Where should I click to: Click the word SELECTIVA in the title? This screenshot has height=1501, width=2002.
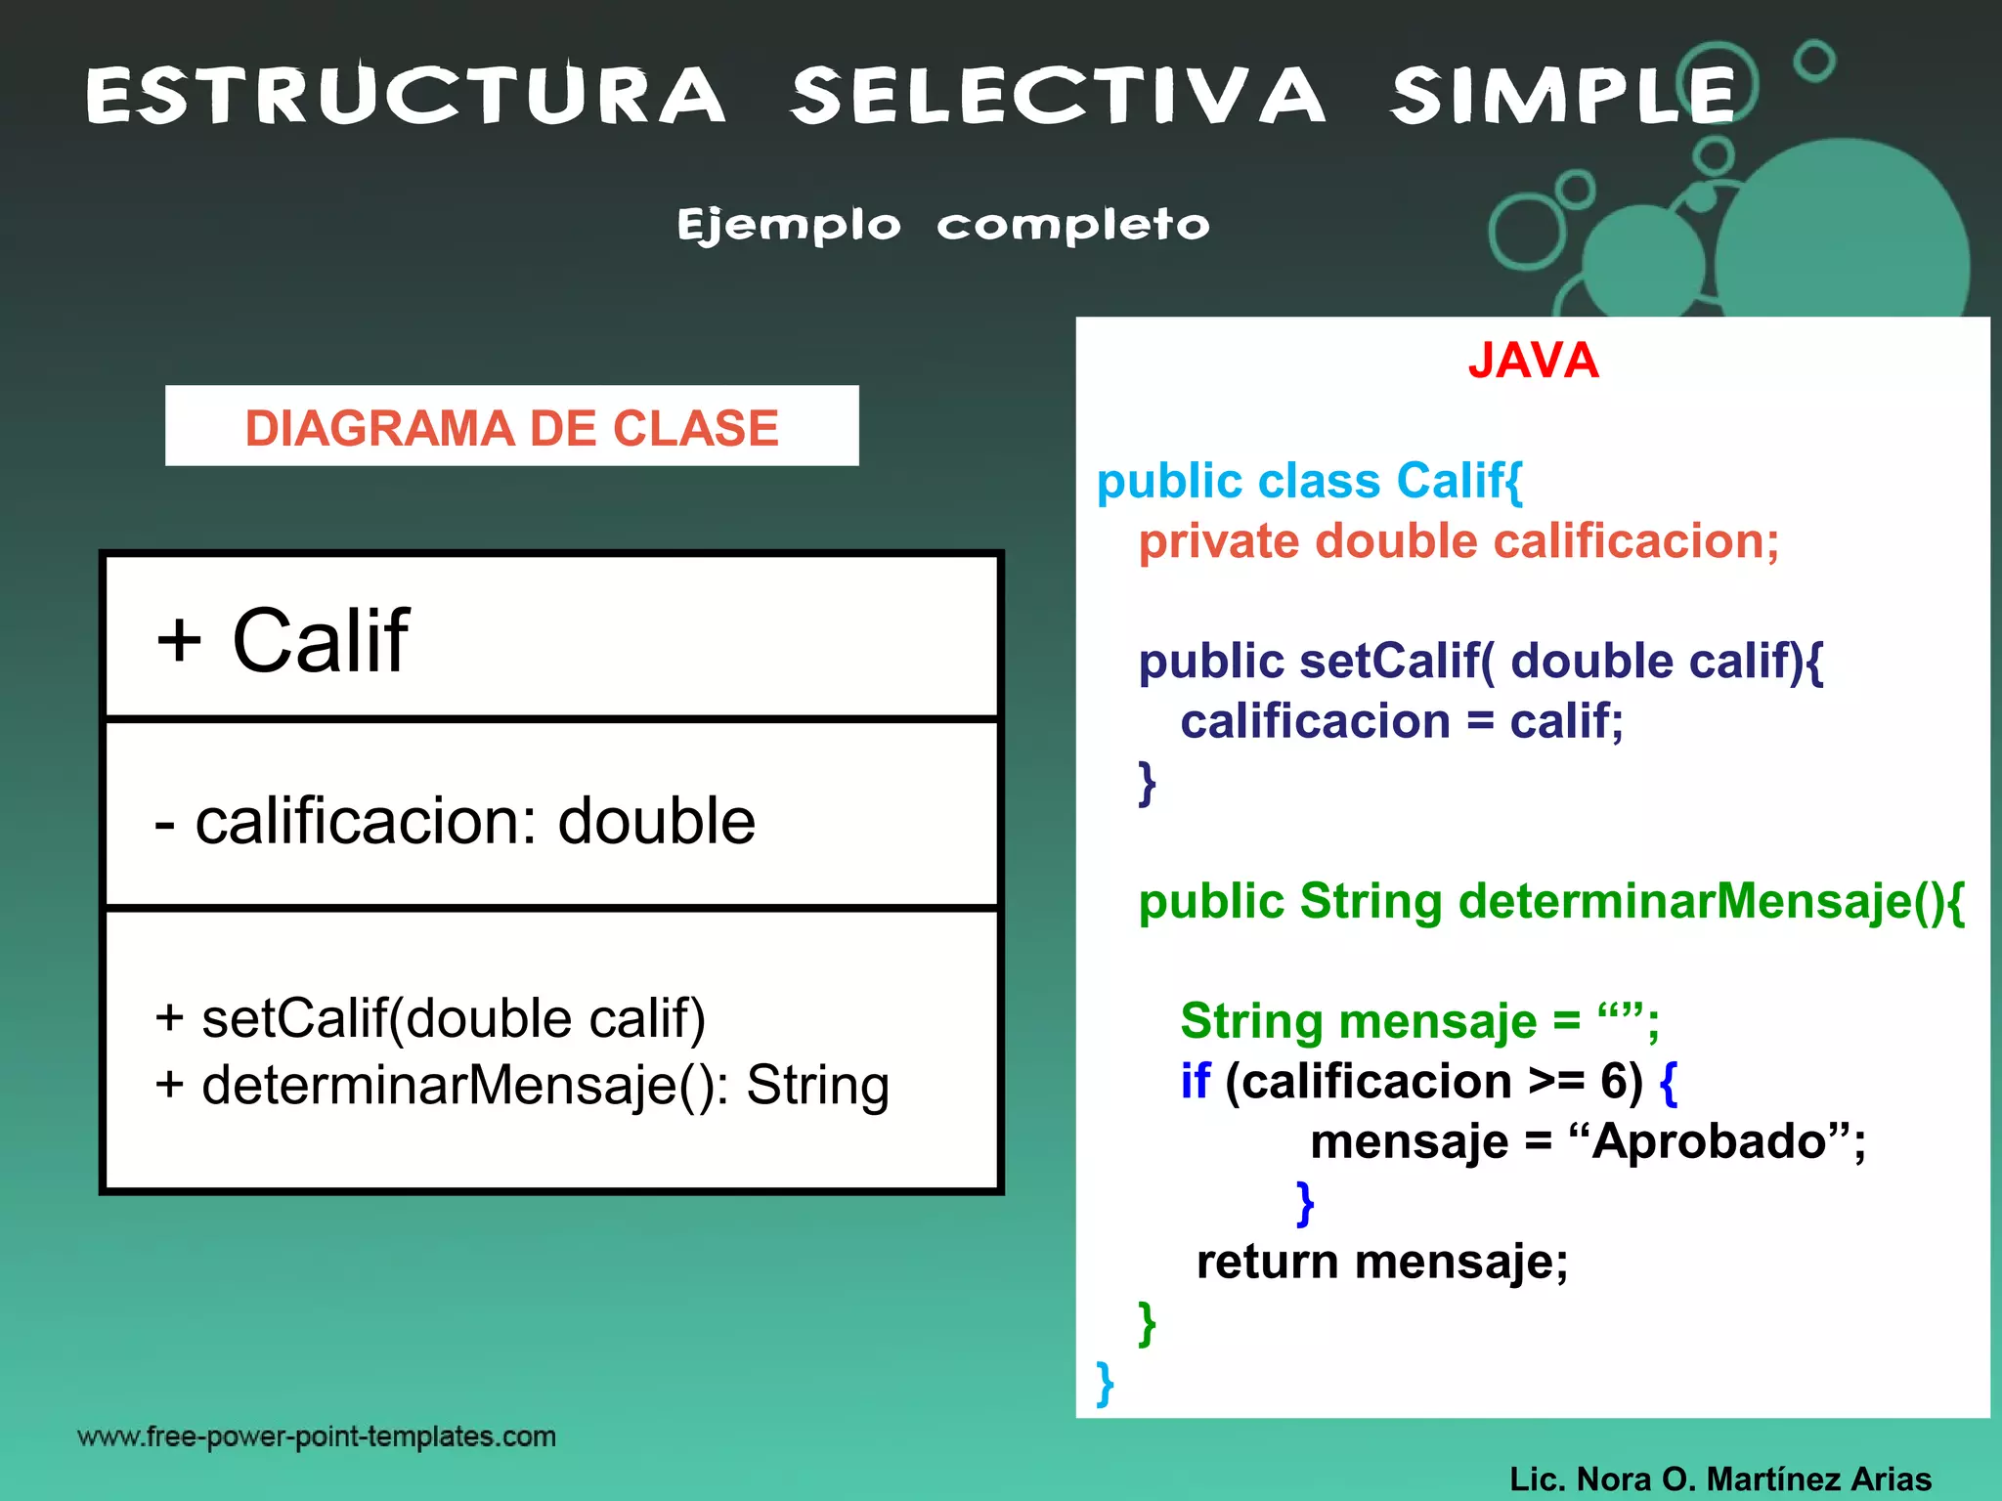pyautogui.click(x=1058, y=96)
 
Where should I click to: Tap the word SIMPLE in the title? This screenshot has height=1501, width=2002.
pyautogui.click(x=1562, y=96)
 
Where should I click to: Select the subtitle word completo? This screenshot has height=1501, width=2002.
pyautogui.click(x=1072, y=226)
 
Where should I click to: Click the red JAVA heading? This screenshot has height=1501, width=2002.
pyautogui.click(x=1533, y=361)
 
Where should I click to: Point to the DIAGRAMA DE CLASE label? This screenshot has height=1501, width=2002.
pyautogui.click(x=511, y=428)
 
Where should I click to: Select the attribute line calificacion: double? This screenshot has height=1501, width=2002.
pyautogui.click(x=455, y=821)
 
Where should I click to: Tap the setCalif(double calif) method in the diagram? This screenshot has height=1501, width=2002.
pyautogui.click(x=430, y=1018)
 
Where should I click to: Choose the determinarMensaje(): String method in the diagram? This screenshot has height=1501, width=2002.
pyautogui.click(x=522, y=1085)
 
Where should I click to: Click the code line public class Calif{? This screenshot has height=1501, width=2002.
pyautogui.click(x=1309, y=481)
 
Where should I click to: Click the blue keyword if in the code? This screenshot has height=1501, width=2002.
pyautogui.click(x=1195, y=1082)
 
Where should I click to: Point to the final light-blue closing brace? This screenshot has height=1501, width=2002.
pyautogui.click(x=1105, y=1383)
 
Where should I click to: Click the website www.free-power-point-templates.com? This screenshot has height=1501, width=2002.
pyautogui.click(x=317, y=1437)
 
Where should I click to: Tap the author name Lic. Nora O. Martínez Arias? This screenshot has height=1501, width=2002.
pyautogui.click(x=1719, y=1479)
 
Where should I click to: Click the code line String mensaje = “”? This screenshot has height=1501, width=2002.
pyautogui.click(x=1418, y=1022)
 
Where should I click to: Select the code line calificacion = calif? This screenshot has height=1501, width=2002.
pyautogui.click(x=1401, y=721)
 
